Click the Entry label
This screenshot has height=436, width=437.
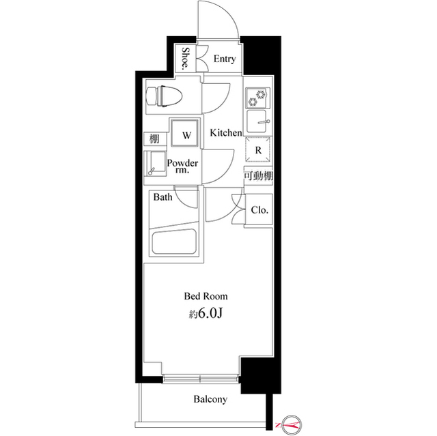tap(225, 59)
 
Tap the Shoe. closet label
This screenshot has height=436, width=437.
tap(186, 59)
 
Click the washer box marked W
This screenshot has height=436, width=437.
tap(184, 133)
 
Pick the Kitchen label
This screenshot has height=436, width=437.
tap(225, 133)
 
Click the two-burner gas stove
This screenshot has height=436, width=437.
tap(256, 100)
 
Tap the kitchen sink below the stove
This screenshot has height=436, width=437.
tap(257, 123)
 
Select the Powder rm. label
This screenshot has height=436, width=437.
tap(183, 167)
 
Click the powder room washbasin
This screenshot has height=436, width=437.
tap(156, 164)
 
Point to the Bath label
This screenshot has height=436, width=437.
tap(163, 199)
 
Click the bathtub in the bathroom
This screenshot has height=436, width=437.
tap(175, 243)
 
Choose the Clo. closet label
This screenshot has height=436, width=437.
tap(259, 210)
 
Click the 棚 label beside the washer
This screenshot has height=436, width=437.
tap(155, 139)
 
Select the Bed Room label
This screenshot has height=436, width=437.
tap(205, 296)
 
